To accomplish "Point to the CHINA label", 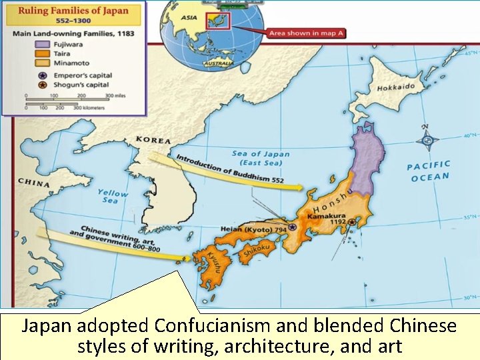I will (x=33, y=181).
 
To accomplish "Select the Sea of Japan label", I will (x=261, y=158).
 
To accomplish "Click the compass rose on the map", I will (x=427, y=140).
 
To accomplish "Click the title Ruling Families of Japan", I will (x=74, y=11).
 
